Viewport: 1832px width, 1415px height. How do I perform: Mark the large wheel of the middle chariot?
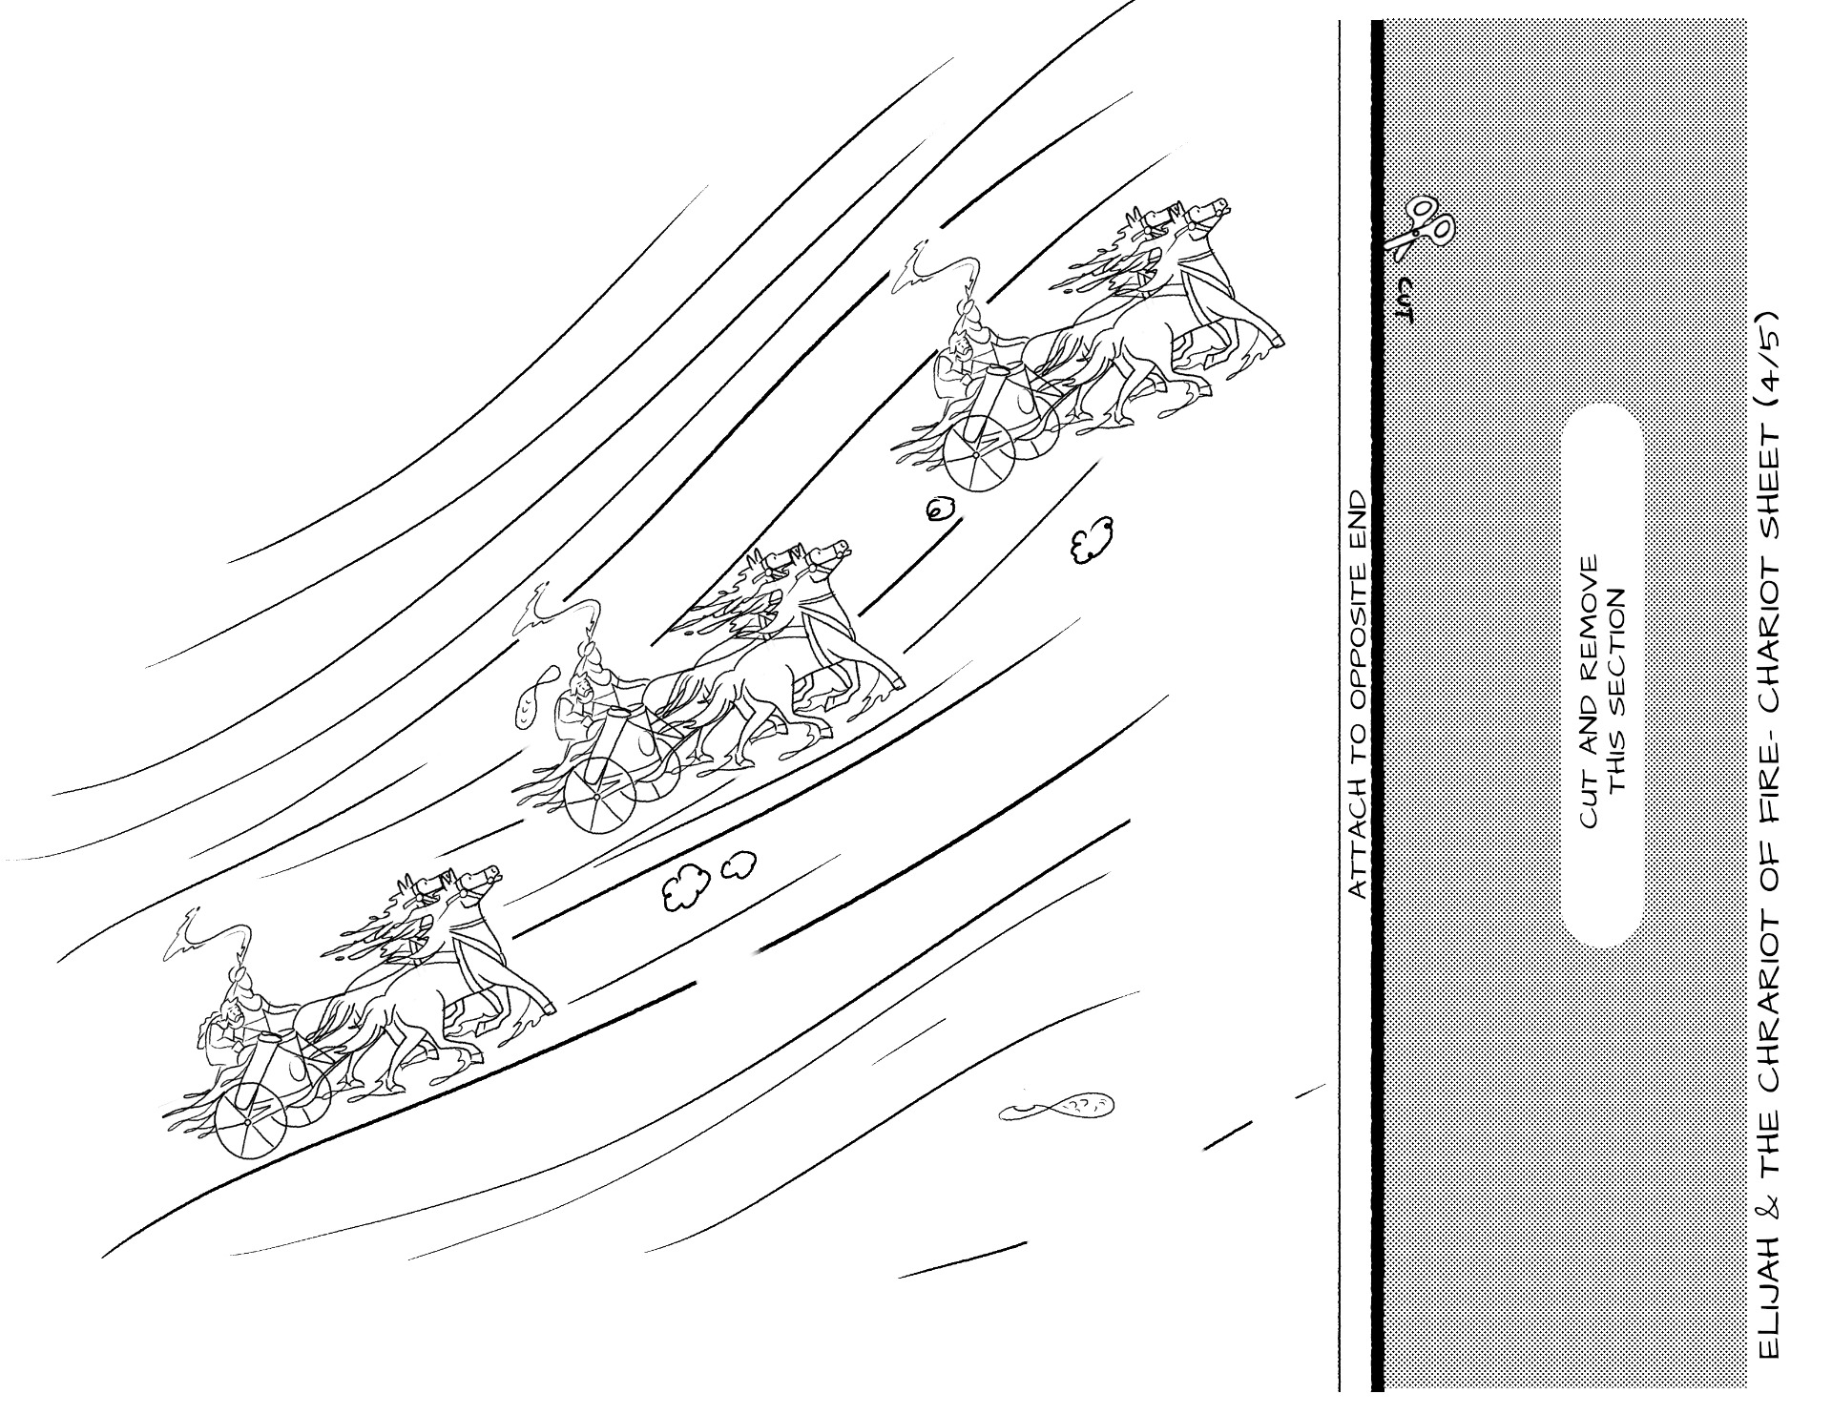click(x=599, y=796)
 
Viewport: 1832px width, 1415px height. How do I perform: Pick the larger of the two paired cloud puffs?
click(x=686, y=886)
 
